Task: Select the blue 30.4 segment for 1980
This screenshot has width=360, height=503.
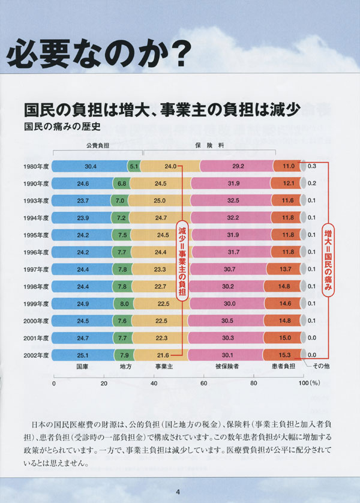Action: click(x=90, y=166)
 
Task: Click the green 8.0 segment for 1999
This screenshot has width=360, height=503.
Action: click(x=124, y=304)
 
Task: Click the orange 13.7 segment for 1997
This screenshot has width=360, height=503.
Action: click(x=286, y=269)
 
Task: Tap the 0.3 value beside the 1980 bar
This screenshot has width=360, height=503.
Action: click(x=312, y=166)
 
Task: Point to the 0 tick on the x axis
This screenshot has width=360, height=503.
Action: click(x=54, y=383)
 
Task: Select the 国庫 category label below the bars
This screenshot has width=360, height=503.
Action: click(x=82, y=366)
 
